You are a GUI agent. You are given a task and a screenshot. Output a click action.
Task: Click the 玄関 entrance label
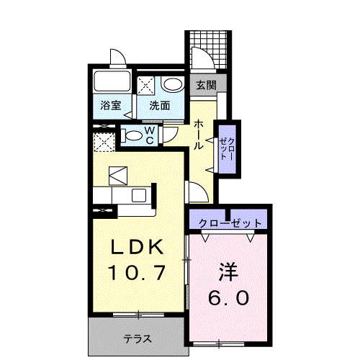click(x=206, y=85)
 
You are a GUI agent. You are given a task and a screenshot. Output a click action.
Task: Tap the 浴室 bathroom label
click(x=111, y=105)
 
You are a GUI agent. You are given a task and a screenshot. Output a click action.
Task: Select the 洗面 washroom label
click(x=160, y=105)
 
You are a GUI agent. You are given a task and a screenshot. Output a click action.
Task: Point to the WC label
click(x=150, y=135)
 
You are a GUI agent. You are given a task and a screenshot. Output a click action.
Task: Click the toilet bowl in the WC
click(x=132, y=136)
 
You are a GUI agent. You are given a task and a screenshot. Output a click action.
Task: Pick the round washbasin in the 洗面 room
click(x=172, y=84)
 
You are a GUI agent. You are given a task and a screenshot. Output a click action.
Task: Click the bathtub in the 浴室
click(x=112, y=81)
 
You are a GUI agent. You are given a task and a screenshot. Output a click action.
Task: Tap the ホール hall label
click(x=199, y=135)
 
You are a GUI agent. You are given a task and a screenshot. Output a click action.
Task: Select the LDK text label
click(x=137, y=247)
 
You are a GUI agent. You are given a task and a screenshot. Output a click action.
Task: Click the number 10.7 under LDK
click(x=138, y=273)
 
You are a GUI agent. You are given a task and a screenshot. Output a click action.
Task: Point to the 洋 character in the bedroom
click(x=228, y=272)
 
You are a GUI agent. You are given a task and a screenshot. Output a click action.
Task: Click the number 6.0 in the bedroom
click(x=228, y=297)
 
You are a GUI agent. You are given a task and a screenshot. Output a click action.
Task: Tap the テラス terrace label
click(x=138, y=339)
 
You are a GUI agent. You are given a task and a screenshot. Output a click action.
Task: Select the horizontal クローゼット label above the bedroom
click(x=230, y=224)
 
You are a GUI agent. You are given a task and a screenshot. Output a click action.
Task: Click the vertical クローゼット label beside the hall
click(x=228, y=149)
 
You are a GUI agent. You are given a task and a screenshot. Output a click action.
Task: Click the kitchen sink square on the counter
click(x=139, y=195)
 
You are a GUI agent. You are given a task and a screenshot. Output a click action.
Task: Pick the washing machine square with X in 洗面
click(x=146, y=86)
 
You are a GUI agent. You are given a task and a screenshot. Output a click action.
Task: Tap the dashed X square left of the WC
click(x=104, y=142)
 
